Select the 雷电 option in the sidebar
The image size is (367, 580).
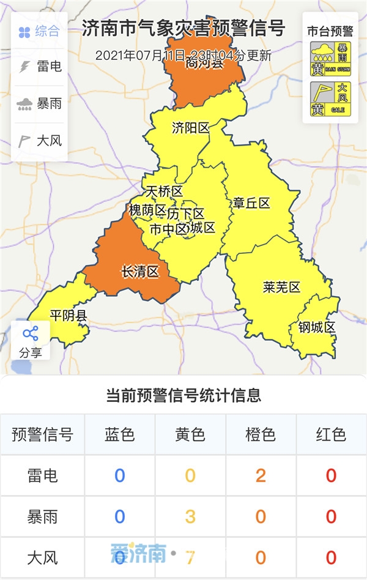pyautogui.click(x=39, y=66)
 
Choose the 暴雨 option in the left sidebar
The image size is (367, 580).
pyautogui.click(x=39, y=103)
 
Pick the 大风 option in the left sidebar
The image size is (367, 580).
pyautogui.click(x=39, y=141)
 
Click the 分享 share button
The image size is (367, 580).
pyautogui.click(x=31, y=341)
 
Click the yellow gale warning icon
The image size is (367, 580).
pyautogui.click(x=330, y=100)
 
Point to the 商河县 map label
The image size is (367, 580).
pyautogui.click(x=204, y=63)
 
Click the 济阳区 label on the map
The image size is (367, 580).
pyautogui.click(x=190, y=128)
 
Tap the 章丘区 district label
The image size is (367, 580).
pyautogui.click(x=251, y=203)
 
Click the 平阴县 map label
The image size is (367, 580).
pyautogui.click(x=69, y=316)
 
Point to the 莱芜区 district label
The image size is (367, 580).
pyautogui.click(x=281, y=287)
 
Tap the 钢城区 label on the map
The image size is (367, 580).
pyautogui.click(x=317, y=327)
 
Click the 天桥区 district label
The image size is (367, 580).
pyautogui.click(x=165, y=191)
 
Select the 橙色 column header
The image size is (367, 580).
pyautogui.click(x=261, y=435)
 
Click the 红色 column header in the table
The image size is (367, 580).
pyautogui.click(x=331, y=435)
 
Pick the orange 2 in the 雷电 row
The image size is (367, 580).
pyautogui.click(x=261, y=475)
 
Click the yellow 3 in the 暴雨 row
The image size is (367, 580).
pyautogui.click(x=190, y=516)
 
